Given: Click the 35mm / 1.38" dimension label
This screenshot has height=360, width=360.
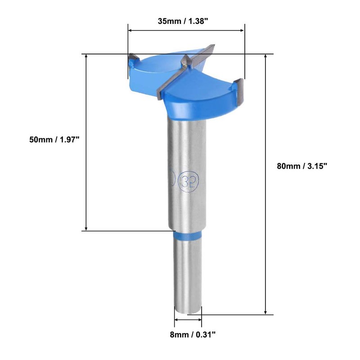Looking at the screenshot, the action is tap(183, 21).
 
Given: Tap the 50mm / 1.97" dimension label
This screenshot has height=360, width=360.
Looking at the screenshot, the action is tap(54, 139).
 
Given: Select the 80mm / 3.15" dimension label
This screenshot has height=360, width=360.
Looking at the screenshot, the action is tap(301, 166).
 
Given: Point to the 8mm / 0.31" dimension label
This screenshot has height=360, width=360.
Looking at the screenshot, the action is tap(193, 334).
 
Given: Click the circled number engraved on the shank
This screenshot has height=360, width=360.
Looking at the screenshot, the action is tap(190, 179).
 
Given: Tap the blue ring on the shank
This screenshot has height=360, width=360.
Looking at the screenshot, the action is tap(188, 235).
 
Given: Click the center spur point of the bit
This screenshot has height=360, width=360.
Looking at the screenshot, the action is tap(185, 61).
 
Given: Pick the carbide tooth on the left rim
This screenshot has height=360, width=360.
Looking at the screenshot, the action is tap(133, 58).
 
